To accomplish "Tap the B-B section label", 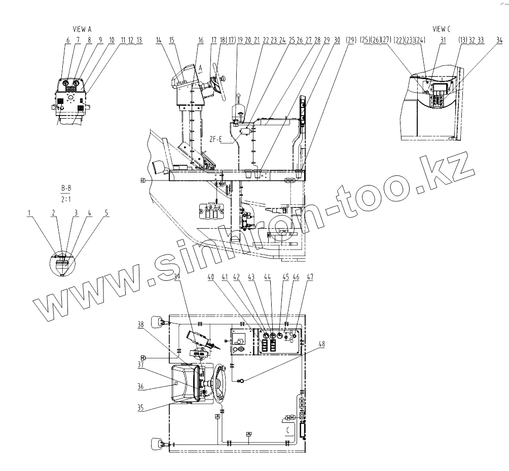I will (66, 189).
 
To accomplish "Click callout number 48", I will (321, 344).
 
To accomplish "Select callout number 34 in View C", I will (499, 40).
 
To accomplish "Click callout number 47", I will (310, 277).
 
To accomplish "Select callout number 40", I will (210, 277).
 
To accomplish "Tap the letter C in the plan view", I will (288, 430).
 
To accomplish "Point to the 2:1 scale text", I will (66, 199).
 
